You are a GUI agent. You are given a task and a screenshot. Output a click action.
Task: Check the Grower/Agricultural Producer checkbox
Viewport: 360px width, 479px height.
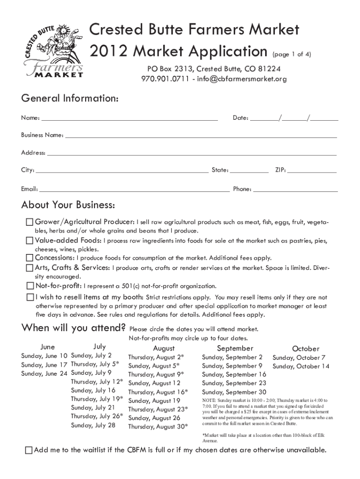point(30,222)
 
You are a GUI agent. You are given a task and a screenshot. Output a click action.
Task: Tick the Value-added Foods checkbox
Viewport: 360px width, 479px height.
point(30,240)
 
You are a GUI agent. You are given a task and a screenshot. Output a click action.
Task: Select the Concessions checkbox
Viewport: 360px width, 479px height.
point(30,258)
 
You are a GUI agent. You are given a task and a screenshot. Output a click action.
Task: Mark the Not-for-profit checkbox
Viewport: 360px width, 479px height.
point(30,285)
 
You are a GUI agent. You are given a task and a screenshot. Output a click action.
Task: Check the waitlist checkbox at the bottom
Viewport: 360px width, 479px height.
point(29,450)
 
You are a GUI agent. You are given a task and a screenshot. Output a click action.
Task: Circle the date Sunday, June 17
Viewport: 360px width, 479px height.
point(44,364)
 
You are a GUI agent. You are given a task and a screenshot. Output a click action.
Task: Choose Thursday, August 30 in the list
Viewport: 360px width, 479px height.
point(158,427)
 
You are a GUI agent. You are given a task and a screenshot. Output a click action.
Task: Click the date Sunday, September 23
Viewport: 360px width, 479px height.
point(234,383)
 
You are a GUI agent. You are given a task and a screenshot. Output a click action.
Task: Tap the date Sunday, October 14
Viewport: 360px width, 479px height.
point(301,366)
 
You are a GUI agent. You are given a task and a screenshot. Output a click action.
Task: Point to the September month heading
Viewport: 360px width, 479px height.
point(235,348)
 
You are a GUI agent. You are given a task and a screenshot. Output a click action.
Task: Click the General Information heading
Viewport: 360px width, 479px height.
point(70,99)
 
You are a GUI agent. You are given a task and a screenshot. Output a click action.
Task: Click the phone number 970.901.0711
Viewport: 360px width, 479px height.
point(167,79)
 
